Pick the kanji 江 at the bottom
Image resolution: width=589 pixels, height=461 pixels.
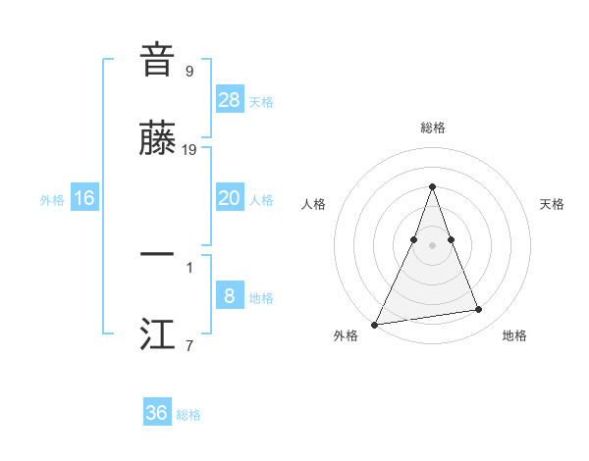point(157,334)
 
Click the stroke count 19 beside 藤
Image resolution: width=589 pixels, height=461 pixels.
point(189,149)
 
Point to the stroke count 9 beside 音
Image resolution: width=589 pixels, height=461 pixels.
point(188,71)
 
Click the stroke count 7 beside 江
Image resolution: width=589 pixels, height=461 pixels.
point(188,345)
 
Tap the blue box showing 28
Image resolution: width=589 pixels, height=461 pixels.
point(230,99)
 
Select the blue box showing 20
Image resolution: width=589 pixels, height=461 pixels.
point(230,198)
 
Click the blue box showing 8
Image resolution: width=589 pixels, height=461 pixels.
point(230,295)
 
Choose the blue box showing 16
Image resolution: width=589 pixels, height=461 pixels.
point(84,198)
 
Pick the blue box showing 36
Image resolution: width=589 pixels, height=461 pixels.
point(157,413)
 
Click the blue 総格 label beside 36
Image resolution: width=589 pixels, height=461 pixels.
point(188,415)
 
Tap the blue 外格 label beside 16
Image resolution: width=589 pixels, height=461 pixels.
point(52,200)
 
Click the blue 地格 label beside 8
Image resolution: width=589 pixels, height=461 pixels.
point(261,298)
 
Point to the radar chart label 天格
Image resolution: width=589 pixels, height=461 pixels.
point(552,204)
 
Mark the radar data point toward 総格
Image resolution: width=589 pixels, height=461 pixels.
point(432,186)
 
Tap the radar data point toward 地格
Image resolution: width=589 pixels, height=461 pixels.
point(479,310)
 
